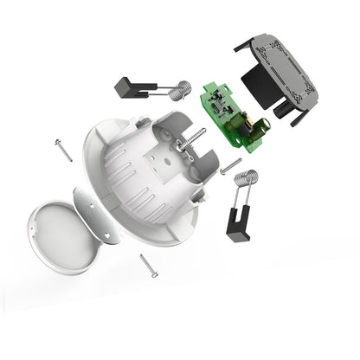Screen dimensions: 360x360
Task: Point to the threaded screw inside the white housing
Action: [x=191, y=142]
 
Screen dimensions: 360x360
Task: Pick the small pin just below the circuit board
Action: [x=230, y=168]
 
